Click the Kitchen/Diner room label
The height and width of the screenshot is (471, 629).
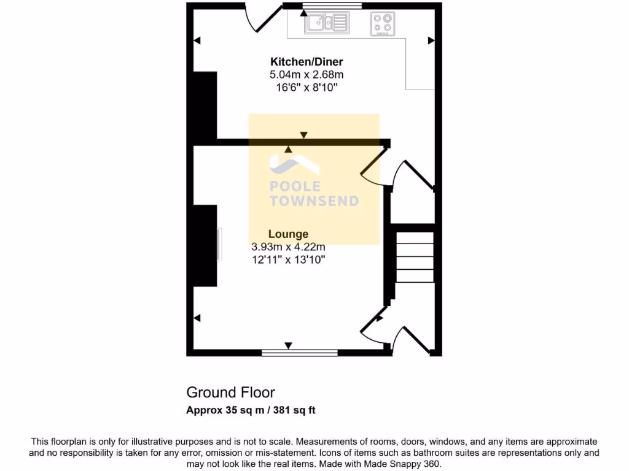point(307,61)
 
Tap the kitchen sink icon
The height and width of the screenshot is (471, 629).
point(327,23)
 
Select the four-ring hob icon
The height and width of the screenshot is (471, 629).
point(382,24)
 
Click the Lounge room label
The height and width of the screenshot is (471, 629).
point(288,234)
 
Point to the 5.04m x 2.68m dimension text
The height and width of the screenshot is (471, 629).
point(307,75)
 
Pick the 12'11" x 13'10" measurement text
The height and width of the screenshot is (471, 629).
point(288,260)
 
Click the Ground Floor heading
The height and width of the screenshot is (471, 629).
point(230,392)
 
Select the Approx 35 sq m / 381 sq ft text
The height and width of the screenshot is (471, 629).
point(251,410)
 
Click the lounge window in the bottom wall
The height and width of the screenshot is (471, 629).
point(300,353)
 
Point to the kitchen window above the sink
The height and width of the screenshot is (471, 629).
point(332,6)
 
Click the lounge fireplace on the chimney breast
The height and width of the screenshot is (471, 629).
point(219,245)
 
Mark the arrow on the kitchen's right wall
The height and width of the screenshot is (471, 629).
point(431,40)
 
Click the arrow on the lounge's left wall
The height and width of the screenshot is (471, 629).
point(197,318)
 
